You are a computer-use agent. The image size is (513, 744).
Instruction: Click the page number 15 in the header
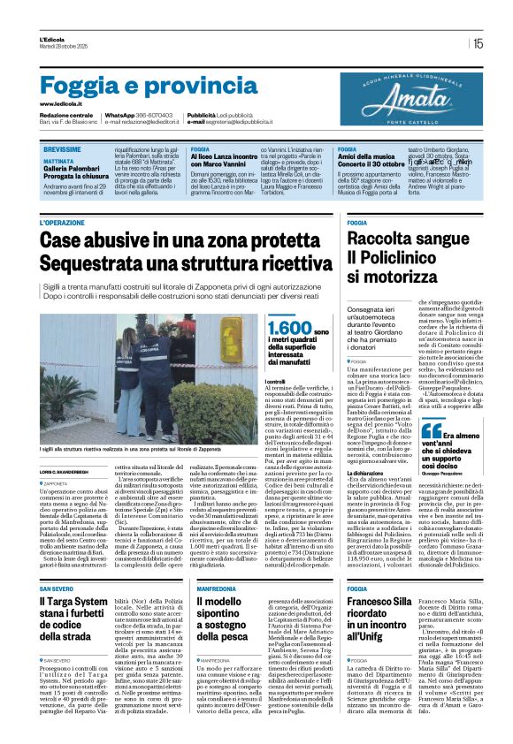tap(478, 42)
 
